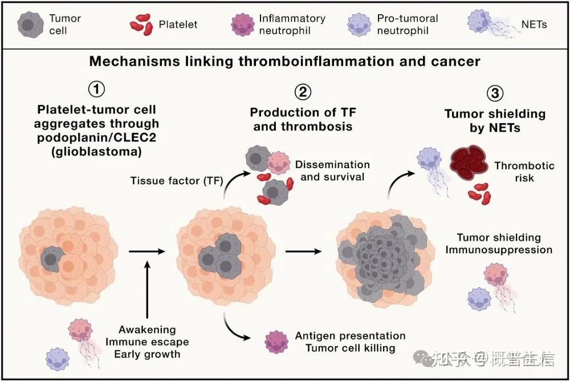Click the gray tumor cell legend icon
pyautogui.click(x=31, y=25)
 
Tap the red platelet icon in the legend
pyautogui.click(x=141, y=25)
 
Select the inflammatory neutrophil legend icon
pyautogui.click(x=242, y=25)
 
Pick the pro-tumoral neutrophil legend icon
pyautogui.click(x=359, y=25)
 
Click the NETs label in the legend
pyautogui.click(x=534, y=25)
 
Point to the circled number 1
pyautogui.click(x=96, y=89)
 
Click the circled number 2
pyautogui.click(x=303, y=92)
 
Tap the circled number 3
pyautogui.click(x=495, y=93)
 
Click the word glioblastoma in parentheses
pyautogui.click(x=97, y=152)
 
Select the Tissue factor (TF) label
pyautogui.click(x=177, y=181)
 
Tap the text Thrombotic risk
pyautogui.click(x=524, y=172)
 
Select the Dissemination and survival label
pyautogui.click(x=332, y=170)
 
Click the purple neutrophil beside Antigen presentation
pyautogui.click(x=276, y=342)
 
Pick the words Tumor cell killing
pyautogui.click(x=351, y=348)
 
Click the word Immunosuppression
pyautogui.click(x=499, y=250)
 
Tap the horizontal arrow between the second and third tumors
pyautogui.click(x=303, y=251)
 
